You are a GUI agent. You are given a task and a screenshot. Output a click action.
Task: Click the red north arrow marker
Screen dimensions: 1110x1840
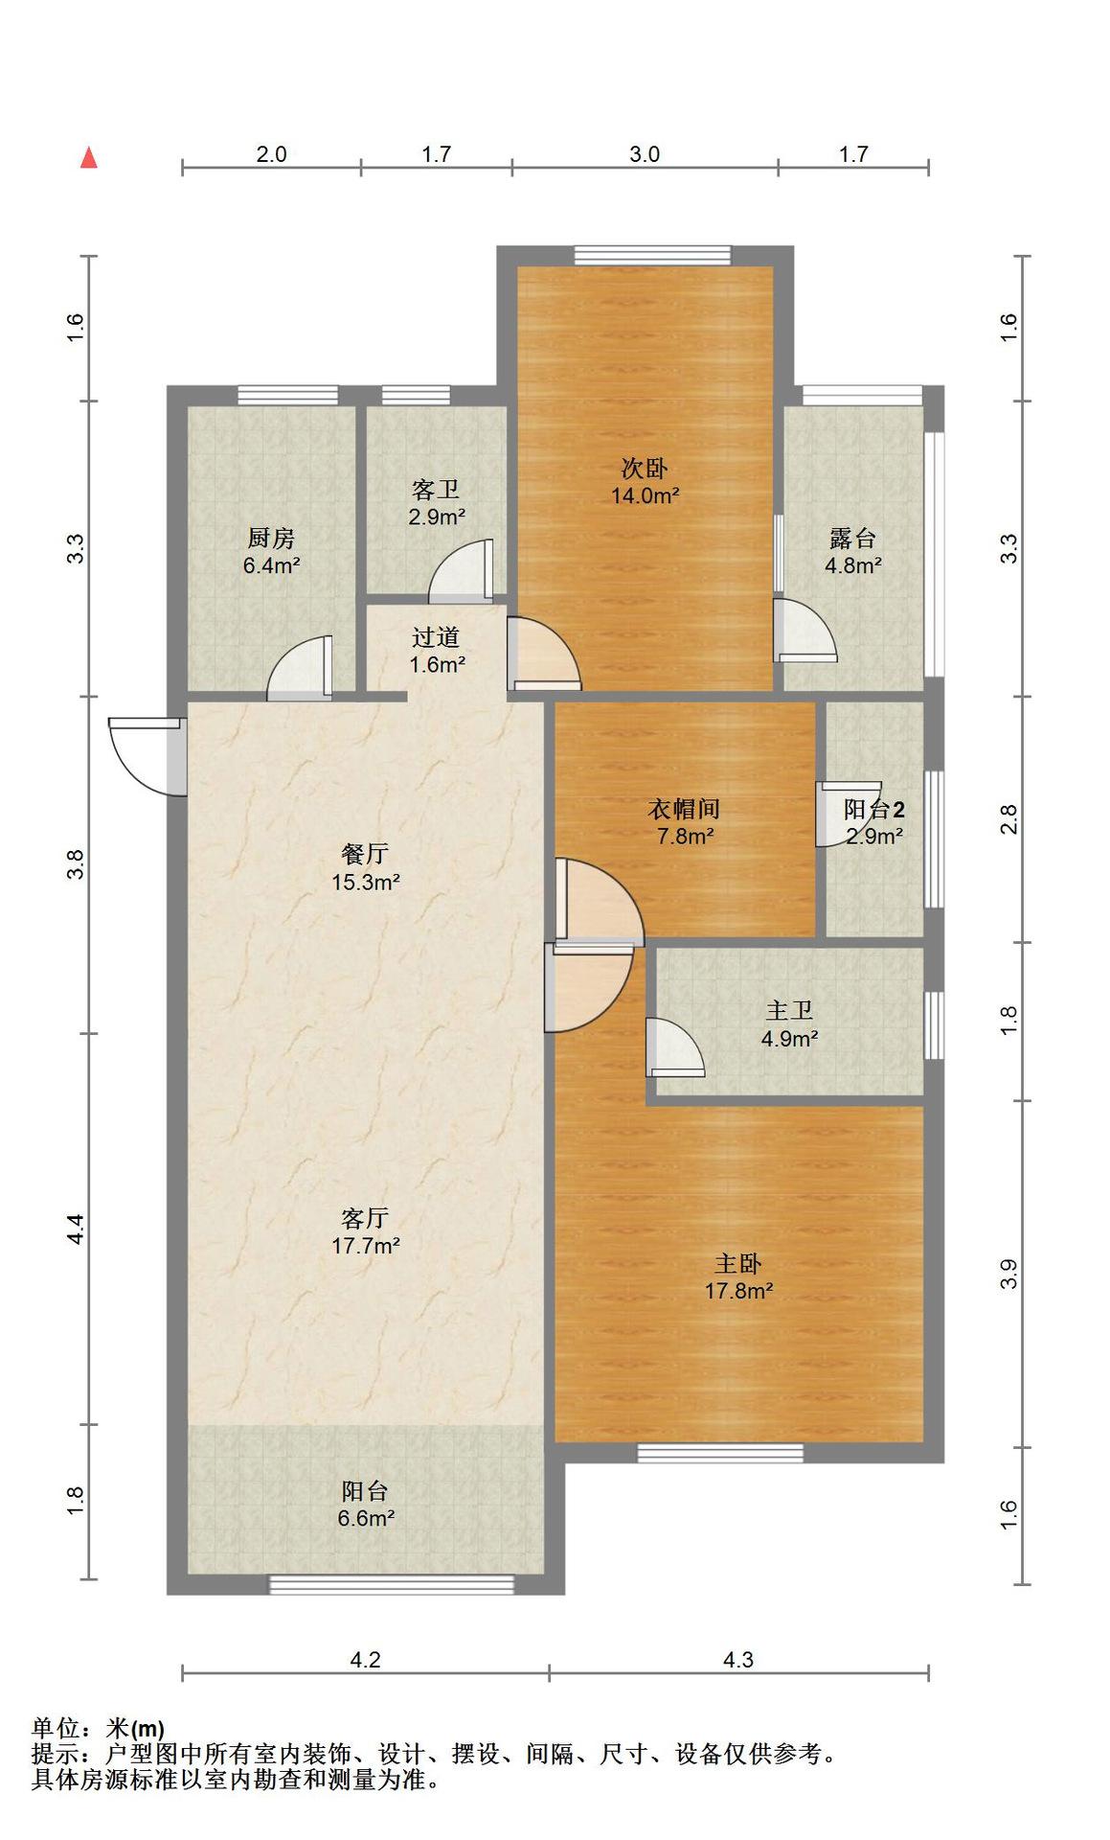[x=89, y=157]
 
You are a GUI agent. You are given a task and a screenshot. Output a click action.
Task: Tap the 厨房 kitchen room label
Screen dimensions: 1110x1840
[x=271, y=551]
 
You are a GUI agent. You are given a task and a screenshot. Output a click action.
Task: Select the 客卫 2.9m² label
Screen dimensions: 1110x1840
[x=437, y=503]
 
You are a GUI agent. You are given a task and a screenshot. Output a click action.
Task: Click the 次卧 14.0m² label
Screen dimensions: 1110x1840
[x=646, y=482]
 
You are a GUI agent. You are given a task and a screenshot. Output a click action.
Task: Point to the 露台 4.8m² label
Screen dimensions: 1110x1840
[x=853, y=551]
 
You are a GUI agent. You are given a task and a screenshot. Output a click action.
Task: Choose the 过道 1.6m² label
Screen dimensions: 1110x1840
[x=437, y=651]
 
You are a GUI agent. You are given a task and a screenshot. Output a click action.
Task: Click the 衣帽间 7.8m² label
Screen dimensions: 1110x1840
[x=684, y=822]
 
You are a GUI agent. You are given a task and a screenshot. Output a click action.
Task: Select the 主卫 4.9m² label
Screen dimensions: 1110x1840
[x=789, y=1024]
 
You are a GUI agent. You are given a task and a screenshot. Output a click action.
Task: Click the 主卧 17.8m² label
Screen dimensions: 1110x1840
[x=738, y=1277]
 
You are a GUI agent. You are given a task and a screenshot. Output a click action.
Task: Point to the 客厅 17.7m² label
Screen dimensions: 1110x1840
[x=365, y=1231]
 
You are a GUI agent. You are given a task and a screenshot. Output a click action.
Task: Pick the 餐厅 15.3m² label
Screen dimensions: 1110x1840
[x=365, y=867]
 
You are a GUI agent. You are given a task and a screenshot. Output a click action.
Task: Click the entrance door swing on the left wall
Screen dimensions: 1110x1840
[x=147, y=756]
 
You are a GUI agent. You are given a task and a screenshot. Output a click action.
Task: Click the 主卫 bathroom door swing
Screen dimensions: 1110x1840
[x=675, y=1046]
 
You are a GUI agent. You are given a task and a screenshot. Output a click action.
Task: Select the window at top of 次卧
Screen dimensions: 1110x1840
[x=652, y=256]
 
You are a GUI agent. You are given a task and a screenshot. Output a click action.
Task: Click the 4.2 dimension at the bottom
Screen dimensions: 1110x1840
[x=366, y=1659]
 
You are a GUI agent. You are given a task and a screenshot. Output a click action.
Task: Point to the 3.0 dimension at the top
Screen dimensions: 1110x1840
[x=645, y=154]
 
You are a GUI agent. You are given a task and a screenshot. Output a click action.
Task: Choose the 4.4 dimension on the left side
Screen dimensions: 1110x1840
[x=77, y=1229]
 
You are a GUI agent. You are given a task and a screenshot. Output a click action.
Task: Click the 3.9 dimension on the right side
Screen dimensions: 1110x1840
[x=1008, y=1274]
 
